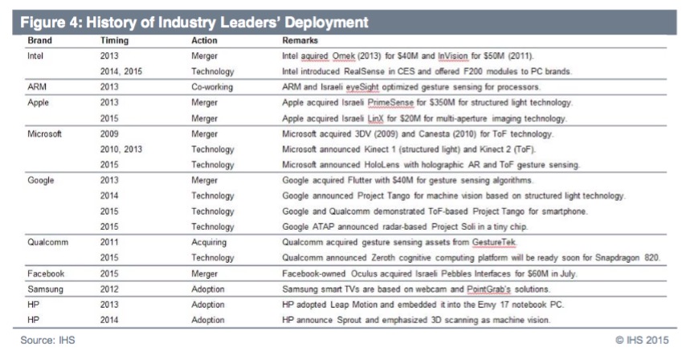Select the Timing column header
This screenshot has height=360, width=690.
pos(114,39)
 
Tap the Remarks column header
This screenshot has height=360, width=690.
pos(300,39)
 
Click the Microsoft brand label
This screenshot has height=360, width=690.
pos(44,134)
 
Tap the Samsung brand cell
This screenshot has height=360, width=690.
pos(46,289)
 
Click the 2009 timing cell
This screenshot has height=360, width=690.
pos(111,134)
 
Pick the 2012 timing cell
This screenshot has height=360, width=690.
pos(111,289)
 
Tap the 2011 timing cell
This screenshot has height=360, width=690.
pos(111,243)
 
